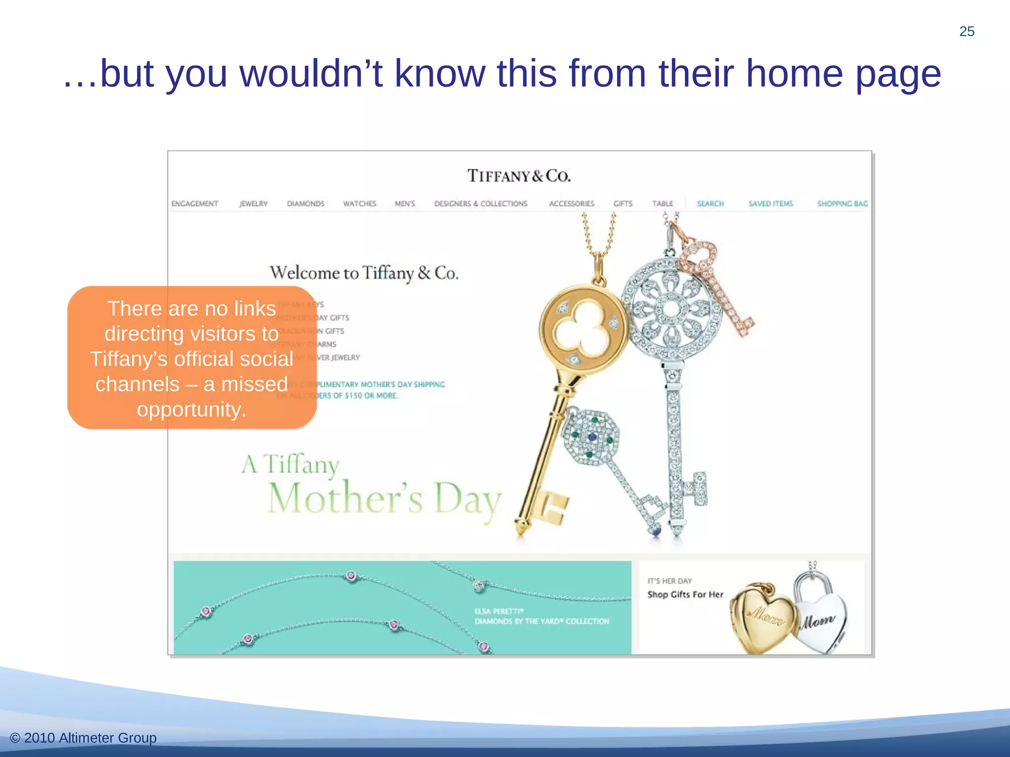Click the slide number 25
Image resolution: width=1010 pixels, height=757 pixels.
coord(967,32)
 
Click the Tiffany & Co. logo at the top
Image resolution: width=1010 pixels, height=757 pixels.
coord(519,176)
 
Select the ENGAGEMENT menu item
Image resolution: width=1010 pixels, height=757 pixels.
coord(195,204)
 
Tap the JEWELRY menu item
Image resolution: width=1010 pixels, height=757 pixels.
coord(253,204)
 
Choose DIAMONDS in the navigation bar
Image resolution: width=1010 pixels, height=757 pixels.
coord(306,204)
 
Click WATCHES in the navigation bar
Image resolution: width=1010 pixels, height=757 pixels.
coord(360,204)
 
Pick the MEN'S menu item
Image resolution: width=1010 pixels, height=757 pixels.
coord(405,204)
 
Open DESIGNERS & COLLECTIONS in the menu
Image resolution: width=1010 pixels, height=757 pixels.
coord(481,204)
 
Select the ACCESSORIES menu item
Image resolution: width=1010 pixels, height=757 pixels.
coord(572,204)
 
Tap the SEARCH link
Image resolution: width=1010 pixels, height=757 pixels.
coord(711,204)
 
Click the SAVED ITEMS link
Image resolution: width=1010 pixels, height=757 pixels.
coord(771,204)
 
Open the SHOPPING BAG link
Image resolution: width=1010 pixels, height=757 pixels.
coord(842,204)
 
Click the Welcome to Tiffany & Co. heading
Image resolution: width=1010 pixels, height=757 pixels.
coord(364,273)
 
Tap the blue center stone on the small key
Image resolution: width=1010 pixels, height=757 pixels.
coord(592,437)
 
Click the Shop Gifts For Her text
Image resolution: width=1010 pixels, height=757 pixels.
coord(685,595)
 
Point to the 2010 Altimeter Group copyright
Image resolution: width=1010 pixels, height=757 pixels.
coord(83,738)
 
